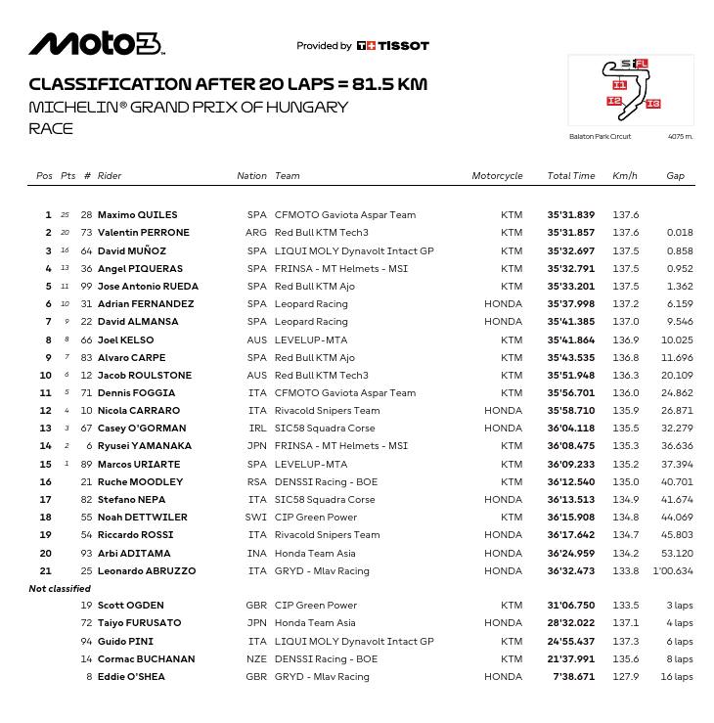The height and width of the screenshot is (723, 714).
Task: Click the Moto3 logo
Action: [96, 44]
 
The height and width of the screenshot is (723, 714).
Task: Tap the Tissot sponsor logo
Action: [392, 46]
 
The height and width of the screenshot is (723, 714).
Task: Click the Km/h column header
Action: [624, 176]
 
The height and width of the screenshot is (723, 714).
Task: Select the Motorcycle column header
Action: [497, 176]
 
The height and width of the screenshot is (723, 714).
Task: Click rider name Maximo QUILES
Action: [137, 215]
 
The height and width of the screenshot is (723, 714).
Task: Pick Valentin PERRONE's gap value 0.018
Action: [679, 233]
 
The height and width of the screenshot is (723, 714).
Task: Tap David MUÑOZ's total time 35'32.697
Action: [570, 250]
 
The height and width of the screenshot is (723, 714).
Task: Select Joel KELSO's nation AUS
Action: [256, 339]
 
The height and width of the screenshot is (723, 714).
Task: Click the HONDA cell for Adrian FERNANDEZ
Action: [503, 304]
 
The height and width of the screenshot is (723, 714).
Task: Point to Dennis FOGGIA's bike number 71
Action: [86, 393]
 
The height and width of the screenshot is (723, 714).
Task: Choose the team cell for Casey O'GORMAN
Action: [324, 429]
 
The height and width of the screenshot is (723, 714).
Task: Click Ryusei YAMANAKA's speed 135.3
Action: [625, 446]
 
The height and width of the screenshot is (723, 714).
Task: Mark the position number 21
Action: [46, 571]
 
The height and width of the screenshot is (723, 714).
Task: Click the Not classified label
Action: [60, 589]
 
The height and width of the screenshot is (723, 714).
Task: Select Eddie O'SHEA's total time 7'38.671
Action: [573, 677]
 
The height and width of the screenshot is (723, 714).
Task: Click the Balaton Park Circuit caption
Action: [600, 137]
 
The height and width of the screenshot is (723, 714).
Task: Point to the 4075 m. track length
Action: [680, 137]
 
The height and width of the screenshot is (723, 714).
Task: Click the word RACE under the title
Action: [51, 128]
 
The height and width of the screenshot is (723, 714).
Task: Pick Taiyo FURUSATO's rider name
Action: [139, 623]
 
